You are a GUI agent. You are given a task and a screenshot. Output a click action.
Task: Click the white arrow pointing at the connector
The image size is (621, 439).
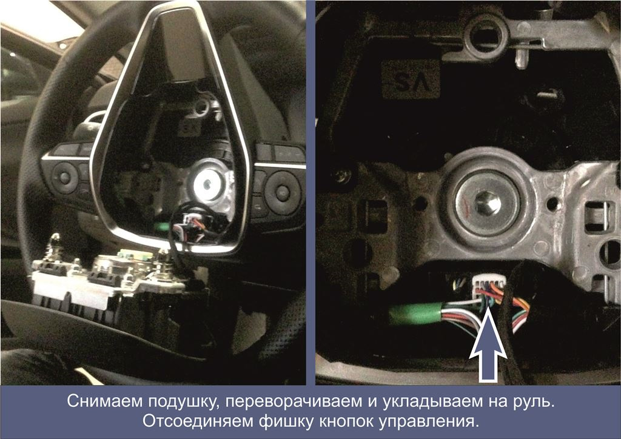[x=488, y=352]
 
